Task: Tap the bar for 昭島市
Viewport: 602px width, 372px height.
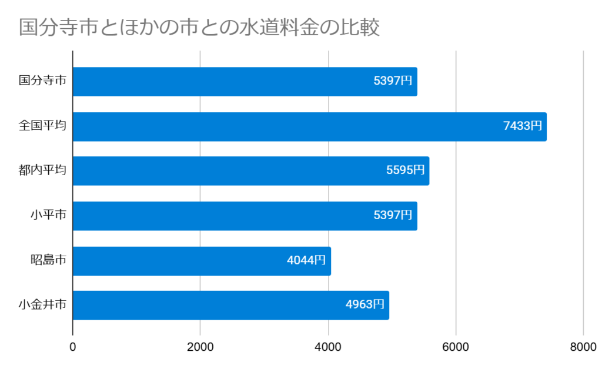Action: click(176, 260)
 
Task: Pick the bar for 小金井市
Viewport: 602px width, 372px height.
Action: click(206, 305)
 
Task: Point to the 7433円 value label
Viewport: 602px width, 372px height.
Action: click(522, 126)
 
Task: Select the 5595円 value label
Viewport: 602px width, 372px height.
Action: click(405, 170)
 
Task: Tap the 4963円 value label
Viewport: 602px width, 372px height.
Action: click(364, 305)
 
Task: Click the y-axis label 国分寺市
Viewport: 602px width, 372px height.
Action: click(42, 82)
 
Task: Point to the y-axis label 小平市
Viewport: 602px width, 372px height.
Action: click(48, 216)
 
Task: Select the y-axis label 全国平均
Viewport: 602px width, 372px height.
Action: click(42, 126)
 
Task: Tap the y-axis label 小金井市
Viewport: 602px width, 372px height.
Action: click(42, 305)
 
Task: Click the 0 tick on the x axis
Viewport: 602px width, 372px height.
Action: click(73, 347)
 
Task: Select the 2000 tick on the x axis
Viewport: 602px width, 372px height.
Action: click(200, 347)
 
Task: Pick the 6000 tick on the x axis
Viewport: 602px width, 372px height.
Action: click(456, 347)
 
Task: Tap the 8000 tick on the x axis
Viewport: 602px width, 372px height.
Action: click(583, 347)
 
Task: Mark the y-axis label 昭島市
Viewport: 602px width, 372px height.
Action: click(48, 260)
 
